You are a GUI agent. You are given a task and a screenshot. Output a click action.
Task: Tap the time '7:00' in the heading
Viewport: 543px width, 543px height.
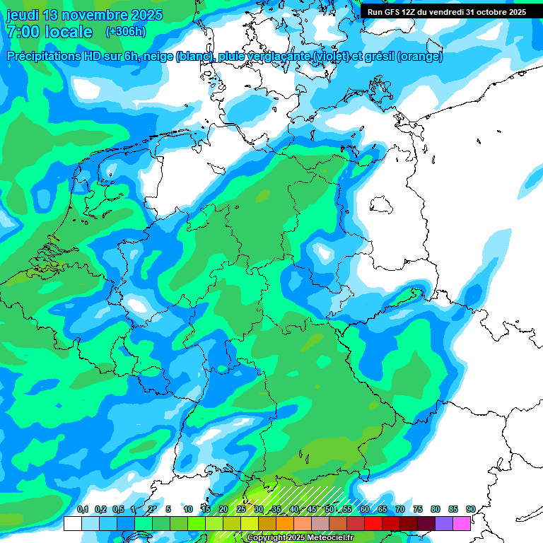[22, 32]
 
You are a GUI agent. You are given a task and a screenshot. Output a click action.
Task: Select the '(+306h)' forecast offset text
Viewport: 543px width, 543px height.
[125, 32]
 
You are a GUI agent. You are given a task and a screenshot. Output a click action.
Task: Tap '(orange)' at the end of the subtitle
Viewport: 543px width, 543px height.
[420, 57]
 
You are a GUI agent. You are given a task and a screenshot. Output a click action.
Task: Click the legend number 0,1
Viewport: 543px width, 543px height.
[83, 510]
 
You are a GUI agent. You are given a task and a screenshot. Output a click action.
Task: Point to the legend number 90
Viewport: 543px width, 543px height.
[470, 510]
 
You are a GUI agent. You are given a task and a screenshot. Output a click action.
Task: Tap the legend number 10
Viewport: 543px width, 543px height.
[188, 510]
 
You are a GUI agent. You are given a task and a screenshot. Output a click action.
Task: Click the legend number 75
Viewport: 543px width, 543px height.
[418, 510]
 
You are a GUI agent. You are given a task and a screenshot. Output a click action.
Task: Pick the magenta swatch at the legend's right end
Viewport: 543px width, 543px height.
[462, 523]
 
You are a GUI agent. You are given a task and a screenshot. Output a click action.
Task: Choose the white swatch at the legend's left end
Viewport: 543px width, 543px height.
[73, 523]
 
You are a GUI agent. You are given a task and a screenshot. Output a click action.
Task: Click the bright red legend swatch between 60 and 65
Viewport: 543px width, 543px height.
[373, 523]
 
